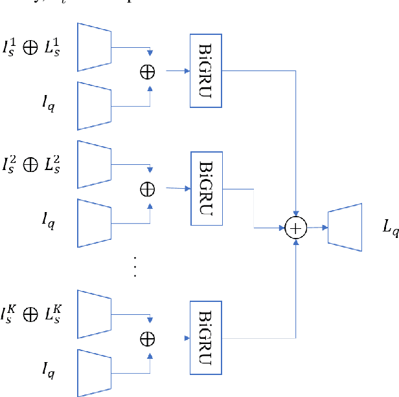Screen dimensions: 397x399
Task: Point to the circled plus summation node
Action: click(295, 227)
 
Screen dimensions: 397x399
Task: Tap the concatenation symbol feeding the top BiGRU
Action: click(148, 71)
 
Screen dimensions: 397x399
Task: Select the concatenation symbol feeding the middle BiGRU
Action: click(148, 188)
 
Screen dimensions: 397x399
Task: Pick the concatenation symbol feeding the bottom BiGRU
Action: click(148, 337)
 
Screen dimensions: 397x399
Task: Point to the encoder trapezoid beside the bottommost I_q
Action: click(94, 372)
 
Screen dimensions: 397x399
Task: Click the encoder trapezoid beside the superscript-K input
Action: click(94, 314)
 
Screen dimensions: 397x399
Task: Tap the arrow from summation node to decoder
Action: click(315, 227)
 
